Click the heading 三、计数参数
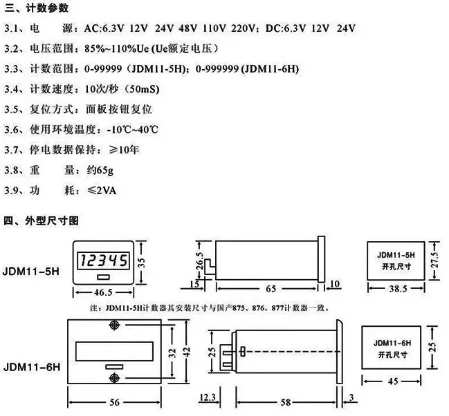click(x=37, y=8)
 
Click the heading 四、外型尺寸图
click(x=42, y=220)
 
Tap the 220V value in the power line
click(x=243, y=28)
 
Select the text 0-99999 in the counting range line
click(x=103, y=69)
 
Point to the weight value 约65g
click(x=100, y=171)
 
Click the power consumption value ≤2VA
click(x=102, y=191)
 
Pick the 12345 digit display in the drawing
click(x=104, y=261)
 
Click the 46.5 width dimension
click(x=103, y=292)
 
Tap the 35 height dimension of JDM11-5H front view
click(x=141, y=262)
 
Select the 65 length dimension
click(x=271, y=288)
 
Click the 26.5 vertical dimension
click(x=199, y=261)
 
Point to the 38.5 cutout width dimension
click(x=398, y=288)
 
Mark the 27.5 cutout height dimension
click(x=434, y=260)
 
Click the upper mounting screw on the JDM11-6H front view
click(x=114, y=325)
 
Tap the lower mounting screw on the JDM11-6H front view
click(x=114, y=378)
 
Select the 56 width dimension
click(x=115, y=402)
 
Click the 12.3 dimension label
click(x=208, y=397)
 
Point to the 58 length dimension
click(x=286, y=402)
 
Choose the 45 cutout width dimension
click(x=393, y=381)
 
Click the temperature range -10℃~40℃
click(x=133, y=130)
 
